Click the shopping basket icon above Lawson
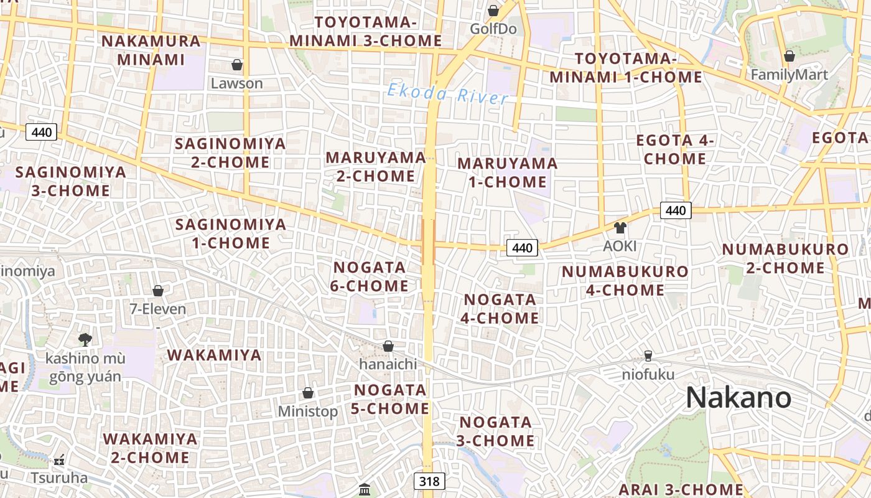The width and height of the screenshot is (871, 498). (x=237, y=65)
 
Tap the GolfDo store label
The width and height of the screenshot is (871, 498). (x=493, y=29)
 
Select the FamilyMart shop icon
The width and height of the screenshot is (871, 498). (x=789, y=56)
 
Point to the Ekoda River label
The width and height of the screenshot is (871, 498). (x=448, y=94)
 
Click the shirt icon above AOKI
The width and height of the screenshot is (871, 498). (x=620, y=228)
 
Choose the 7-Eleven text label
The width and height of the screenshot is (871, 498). (x=157, y=309)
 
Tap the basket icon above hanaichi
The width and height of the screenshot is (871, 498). (x=388, y=346)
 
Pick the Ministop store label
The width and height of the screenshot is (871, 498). (x=308, y=411)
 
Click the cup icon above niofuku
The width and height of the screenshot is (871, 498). (x=648, y=356)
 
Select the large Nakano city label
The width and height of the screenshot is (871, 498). (x=738, y=398)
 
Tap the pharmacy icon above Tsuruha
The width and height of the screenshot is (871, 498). (x=59, y=460)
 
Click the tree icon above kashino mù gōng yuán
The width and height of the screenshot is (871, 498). (x=85, y=339)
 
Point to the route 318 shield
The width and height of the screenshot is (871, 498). (x=429, y=481)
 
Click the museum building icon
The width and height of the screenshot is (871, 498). (x=365, y=489)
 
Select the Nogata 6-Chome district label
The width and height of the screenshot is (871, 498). (x=371, y=276)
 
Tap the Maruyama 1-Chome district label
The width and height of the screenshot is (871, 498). (x=508, y=172)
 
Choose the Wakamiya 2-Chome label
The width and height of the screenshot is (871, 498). (x=150, y=448)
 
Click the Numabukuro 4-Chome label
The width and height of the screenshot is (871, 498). (x=625, y=281)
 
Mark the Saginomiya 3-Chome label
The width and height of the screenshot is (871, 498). (x=70, y=181)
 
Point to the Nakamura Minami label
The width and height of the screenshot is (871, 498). (x=151, y=50)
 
